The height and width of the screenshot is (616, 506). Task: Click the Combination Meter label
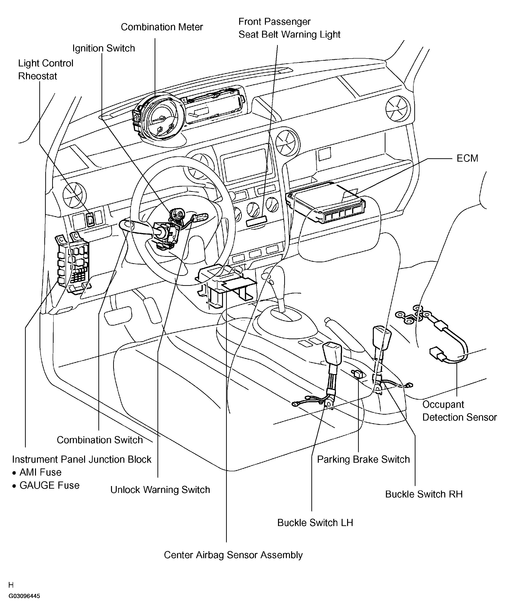(x=162, y=27)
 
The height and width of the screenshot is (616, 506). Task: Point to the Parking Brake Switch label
(x=363, y=459)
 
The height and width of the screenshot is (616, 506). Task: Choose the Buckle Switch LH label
(x=315, y=522)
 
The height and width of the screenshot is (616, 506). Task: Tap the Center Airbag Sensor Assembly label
(x=233, y=555)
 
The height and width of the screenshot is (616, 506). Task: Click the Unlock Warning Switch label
(x=160, y=490)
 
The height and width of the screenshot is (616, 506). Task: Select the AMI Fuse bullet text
(x=40, y=472)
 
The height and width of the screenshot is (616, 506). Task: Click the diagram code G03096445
(x=24, y=596)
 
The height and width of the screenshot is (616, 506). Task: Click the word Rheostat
(x=38, y=76)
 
